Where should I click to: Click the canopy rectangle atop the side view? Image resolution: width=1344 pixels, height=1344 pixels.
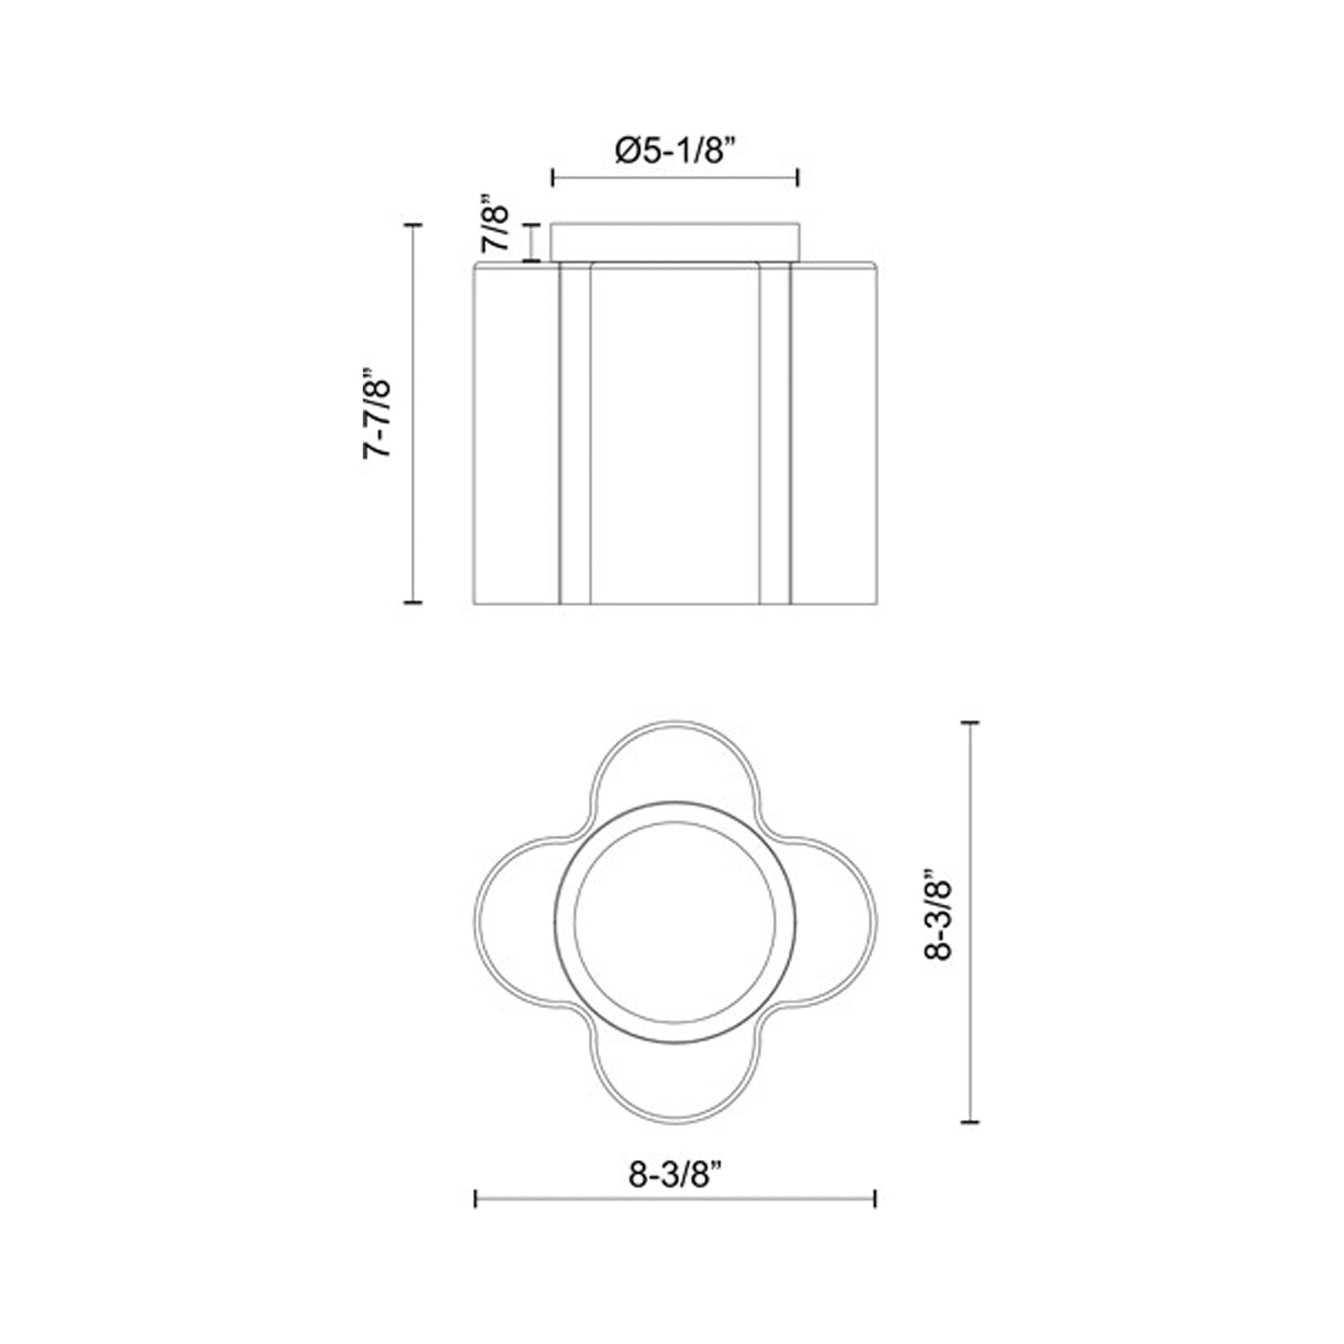tap(675, 242)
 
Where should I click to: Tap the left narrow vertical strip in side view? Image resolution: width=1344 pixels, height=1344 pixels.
tap(574, 433)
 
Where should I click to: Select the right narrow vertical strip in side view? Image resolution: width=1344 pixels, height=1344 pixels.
tap(775, 433)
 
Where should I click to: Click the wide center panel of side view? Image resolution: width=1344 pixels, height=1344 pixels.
tap(675, 433)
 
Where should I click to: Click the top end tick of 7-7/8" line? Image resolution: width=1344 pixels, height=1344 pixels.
tap(414, 225)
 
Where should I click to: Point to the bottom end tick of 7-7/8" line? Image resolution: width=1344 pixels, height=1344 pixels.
tap(414, 603)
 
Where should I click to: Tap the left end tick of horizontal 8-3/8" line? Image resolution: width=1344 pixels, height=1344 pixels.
tap(476, 1199)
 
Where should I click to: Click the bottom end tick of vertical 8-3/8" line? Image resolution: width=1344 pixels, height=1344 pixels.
tap(971, 1122)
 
